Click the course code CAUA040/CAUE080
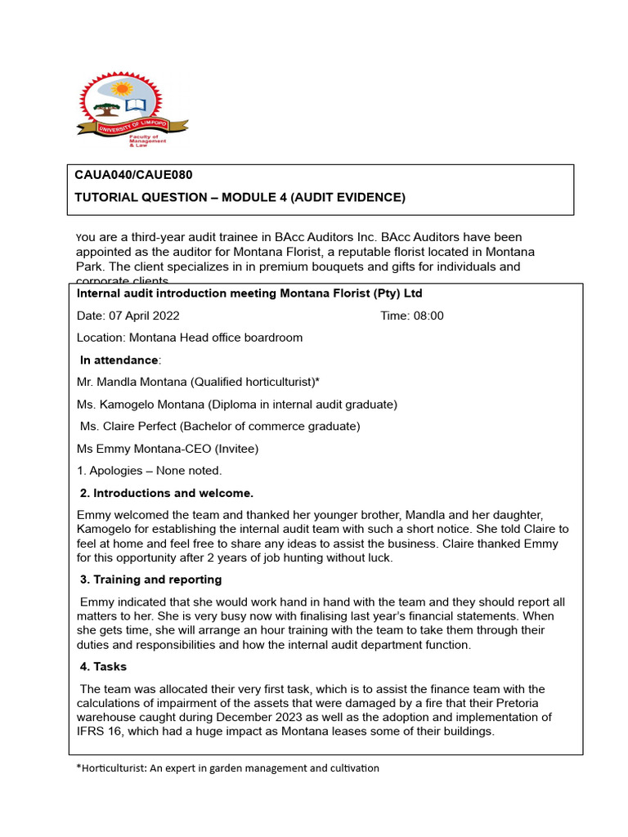tap(133, 175)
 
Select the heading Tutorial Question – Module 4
tap(240, 197)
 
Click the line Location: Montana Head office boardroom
tap(189, 338)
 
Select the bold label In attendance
tap(120, 360)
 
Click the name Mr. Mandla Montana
tap(130, 382)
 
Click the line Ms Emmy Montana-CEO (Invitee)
tap(167, 448)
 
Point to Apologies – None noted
tap(149, 470)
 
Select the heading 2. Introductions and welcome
tap(167, 493)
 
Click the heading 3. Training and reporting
tap(150, 580)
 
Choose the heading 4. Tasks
tap(104, 666)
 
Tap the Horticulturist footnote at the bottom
tap(227, 768)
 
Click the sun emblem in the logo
tap(123, 88)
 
